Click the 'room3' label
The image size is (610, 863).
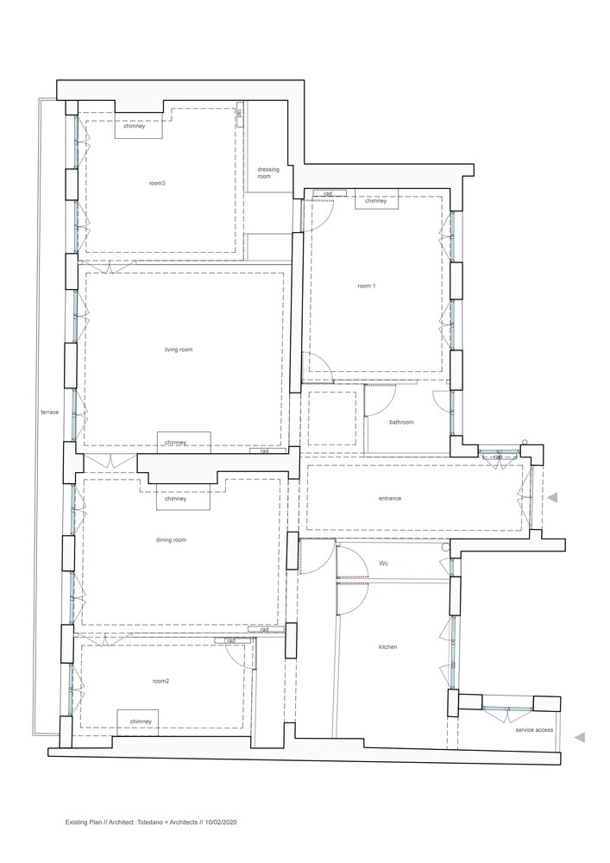[157, 183]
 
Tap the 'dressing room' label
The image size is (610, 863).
[267, 173]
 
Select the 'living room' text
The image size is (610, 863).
[179, 350]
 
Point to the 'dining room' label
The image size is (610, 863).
[171, 540]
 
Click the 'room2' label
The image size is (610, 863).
[160, 681]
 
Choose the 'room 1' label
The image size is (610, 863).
[367, 287]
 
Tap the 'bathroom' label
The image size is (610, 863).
[401, 422]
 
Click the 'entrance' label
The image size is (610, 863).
[390, 498]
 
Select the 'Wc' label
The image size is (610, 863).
[383, 564]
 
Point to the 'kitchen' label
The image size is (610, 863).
[387, 646]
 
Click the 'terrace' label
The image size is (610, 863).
[49, 412]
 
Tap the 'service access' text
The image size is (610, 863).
[534, 730]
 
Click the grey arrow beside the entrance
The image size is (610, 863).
[553, 498]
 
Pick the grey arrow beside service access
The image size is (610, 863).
[579, 738]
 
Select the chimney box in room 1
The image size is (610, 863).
[376, 199]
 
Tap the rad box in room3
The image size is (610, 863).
[240, 115]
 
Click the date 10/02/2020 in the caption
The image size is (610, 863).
[221, 822]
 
